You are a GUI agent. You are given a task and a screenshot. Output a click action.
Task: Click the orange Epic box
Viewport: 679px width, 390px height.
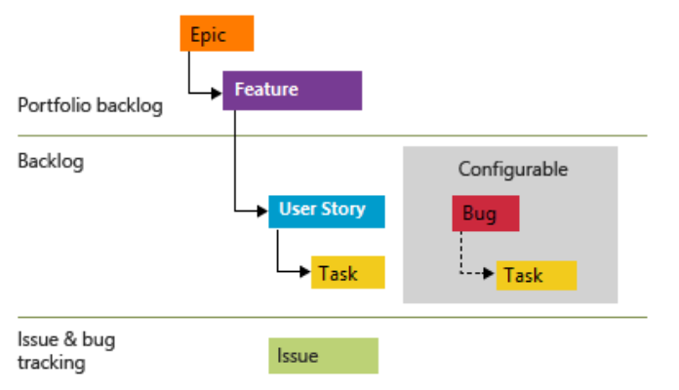[x=217, y=33]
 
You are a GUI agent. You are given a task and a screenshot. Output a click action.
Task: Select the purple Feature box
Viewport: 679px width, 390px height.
[x=293, y=90]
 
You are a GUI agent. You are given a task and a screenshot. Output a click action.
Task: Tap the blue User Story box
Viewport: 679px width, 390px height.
[x=327, y=211]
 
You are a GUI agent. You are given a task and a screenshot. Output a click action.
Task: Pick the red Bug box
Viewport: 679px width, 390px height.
[x=485, y=214]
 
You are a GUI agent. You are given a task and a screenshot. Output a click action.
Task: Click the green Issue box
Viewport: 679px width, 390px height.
[x=323, y=356]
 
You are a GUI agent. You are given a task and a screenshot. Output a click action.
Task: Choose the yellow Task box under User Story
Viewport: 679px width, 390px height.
[x=348, y=272]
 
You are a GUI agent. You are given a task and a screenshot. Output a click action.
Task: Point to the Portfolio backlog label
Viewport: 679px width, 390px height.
[x=90, y=105]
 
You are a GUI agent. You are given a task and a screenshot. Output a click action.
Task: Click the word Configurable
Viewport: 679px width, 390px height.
[x=512, y=169]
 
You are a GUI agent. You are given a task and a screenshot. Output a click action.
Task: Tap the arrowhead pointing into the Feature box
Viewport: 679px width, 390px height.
[x=218, y=94]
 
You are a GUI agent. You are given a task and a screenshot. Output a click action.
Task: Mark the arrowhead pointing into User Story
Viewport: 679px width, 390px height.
[x=263, y=210]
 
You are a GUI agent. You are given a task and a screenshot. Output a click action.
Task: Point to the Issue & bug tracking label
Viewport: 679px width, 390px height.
[x=64, y=351]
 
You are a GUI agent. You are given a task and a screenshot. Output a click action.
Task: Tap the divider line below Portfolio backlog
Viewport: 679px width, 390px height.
[x=341, y=136]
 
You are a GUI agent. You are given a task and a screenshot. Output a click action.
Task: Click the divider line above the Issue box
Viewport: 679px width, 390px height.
[x=341, y=317]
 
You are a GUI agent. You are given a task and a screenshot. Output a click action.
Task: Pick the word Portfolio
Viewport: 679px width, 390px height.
[x=51, y=105]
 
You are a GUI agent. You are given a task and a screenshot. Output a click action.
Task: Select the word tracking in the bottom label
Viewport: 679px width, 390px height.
[x=51, y=364]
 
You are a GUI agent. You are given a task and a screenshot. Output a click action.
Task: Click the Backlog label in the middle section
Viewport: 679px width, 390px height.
[x=51, y=162]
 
